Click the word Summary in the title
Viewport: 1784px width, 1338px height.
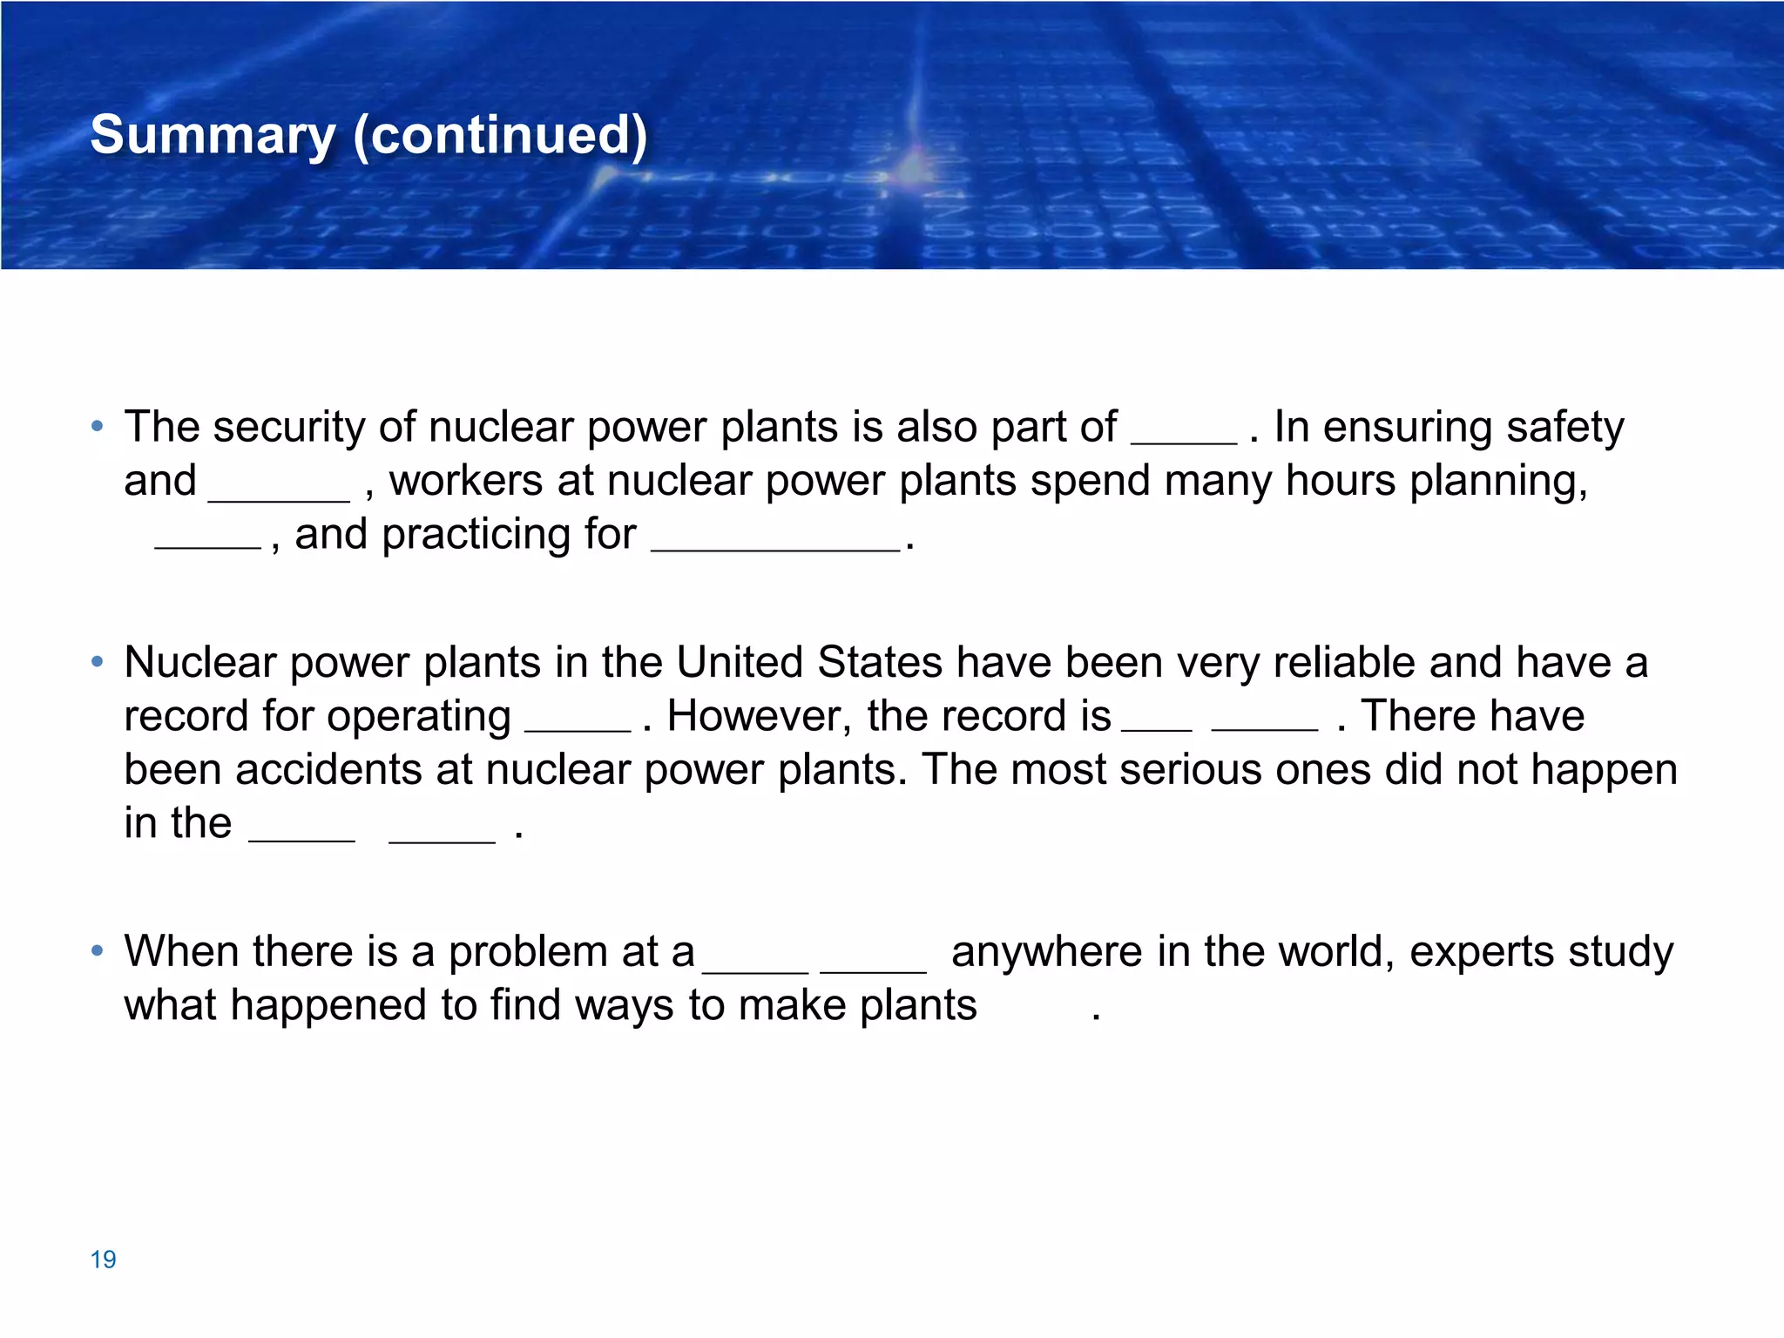[x=213, y=136]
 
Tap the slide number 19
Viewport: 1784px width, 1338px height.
[x=103, y=1259]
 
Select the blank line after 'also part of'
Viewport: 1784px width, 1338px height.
[x=1183, y=441]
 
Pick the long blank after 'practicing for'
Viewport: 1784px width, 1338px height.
[x=775, y=549]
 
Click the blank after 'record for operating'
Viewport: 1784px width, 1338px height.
[x=578, y=729]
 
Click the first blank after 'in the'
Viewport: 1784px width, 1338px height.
[x=301, y=839]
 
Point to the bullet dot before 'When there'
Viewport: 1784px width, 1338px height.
[x=98, y=949]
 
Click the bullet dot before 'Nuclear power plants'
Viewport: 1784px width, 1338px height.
[x=98, y=662]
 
